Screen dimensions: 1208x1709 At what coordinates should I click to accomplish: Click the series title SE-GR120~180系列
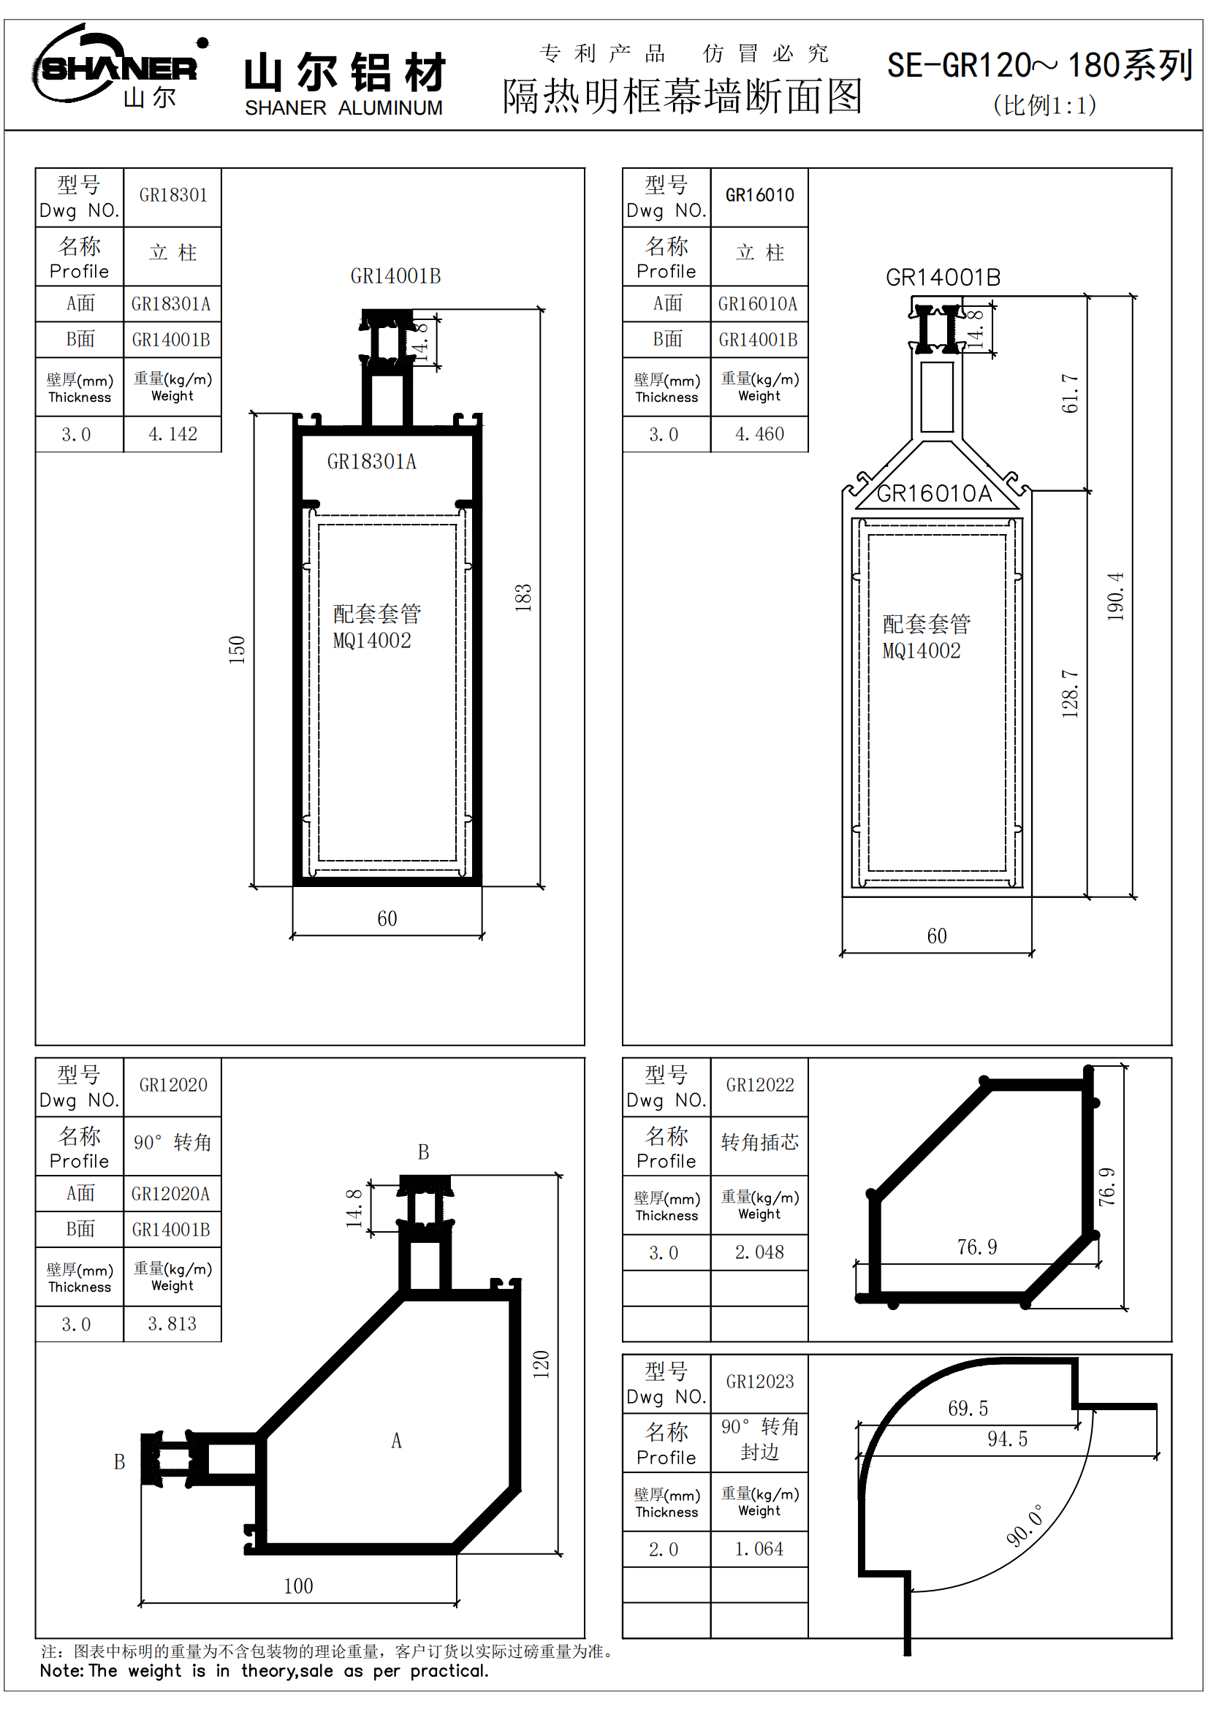point(1040,66)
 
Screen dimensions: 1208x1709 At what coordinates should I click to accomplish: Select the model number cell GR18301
point(172,196)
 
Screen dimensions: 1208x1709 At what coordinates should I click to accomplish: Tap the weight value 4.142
point(172,434)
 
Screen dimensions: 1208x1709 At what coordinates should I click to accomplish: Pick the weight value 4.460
point(759,434)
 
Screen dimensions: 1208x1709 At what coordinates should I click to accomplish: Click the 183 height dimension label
point(523,598)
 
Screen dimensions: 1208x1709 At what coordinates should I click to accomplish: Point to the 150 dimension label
point(237,650)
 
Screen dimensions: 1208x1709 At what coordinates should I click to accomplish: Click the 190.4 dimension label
point(1115,597)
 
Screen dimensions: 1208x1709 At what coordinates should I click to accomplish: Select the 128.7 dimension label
point(1070,693)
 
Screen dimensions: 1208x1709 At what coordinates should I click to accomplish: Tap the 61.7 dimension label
point(1070,394)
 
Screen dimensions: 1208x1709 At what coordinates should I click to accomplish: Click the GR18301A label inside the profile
point(371,463)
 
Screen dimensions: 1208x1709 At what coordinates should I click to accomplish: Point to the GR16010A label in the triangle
point(934,493)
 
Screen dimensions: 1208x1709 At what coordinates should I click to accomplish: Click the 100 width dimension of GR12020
point(298,1586)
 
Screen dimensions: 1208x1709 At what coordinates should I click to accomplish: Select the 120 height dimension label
point(541,1364)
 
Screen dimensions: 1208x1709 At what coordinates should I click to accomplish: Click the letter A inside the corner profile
point(397,1441)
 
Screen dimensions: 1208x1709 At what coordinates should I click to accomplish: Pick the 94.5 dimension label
point(1007,1439)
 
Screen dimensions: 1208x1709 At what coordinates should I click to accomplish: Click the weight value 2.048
point(759,1253)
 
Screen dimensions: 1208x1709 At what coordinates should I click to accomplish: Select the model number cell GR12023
point(760,1382)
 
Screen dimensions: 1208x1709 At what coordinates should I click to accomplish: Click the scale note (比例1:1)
point(1044,106)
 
